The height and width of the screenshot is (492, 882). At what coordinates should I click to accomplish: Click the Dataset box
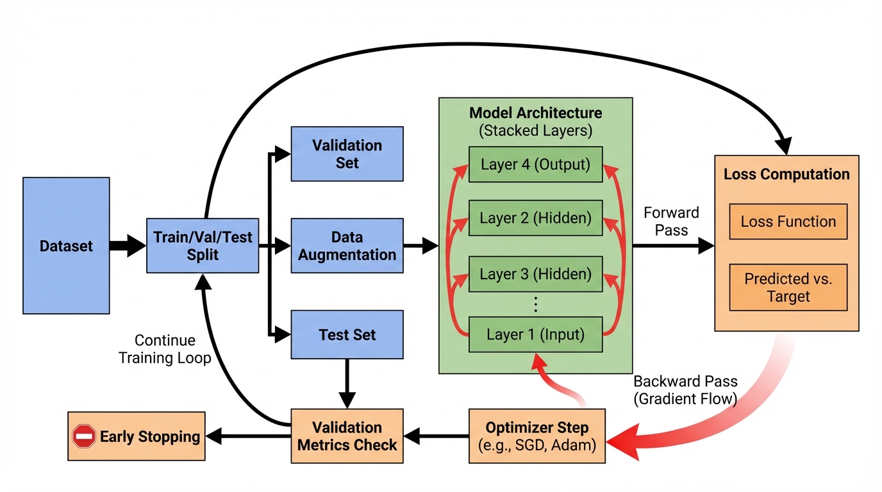click(66, 245)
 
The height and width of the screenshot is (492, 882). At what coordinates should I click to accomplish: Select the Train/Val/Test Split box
click(203, 246)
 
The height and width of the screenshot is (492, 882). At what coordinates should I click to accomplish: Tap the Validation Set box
click(347, 154)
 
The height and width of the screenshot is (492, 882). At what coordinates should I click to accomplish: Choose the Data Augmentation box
click(347, 246)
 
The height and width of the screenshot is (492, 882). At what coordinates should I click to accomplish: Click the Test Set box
click(347, 334)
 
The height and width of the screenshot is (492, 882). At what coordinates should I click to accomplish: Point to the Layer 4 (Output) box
click(536, 165)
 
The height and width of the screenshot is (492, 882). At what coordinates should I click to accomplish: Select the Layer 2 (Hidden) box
click(536, 218)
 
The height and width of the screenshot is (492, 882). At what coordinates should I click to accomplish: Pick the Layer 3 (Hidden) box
click(536, 274)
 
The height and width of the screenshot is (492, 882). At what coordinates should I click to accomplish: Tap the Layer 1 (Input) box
click(536, 334)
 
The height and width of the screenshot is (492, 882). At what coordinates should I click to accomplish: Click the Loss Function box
click(788, 222)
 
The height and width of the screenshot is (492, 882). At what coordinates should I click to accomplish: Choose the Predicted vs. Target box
click(788, 288)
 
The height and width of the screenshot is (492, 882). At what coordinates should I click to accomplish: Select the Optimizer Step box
click(537, 436)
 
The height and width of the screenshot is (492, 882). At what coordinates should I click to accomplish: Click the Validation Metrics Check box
click(347, 436)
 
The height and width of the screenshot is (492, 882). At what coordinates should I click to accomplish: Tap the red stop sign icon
click(84, 437)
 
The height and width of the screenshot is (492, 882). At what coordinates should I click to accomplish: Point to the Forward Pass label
click(671, 221)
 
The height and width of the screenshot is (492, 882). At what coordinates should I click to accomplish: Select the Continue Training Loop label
click(165, 349)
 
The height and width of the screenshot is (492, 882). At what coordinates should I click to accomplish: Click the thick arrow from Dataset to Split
click(128, 245)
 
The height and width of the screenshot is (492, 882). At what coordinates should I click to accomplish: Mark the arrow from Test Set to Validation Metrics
click(347, 383)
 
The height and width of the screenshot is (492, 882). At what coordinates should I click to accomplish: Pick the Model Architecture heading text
click(536, 113)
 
